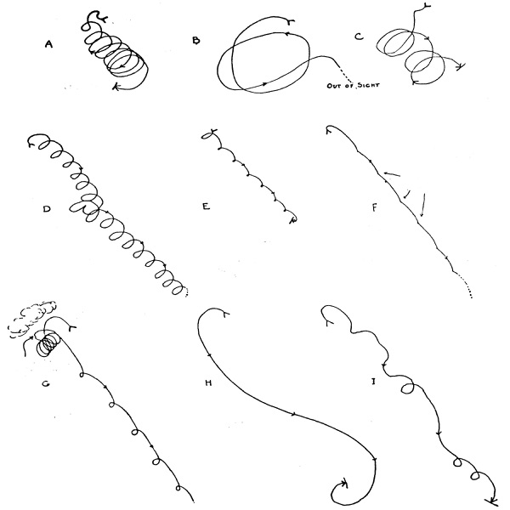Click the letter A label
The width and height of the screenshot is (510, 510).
[x=48, y=44]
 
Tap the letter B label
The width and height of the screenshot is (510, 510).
[x=196, y=40]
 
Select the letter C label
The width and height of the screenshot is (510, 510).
[x=359, y=37]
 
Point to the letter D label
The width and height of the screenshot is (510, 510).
[x=47, y=209]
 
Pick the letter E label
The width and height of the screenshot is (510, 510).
[x=207, y=207]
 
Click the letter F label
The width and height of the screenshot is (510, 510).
[x=374, y=208]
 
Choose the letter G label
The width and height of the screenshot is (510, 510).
[x=46, y=384]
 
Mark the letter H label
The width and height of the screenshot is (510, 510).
[x=208, y=382]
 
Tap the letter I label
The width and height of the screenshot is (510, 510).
[x=374, y=382]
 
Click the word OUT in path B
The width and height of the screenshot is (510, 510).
[x=334, y=86]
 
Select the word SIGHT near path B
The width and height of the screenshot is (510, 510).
[x=368, y=85]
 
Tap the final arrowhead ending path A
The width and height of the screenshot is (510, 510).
[x=116, y=87]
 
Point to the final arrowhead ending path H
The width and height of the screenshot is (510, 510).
[x=344, y=483]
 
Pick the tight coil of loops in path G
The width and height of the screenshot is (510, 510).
[x=48, y=343]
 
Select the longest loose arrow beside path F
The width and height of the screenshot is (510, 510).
[x=423, y=205]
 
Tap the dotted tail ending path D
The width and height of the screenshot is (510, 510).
[x=186, y=292]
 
